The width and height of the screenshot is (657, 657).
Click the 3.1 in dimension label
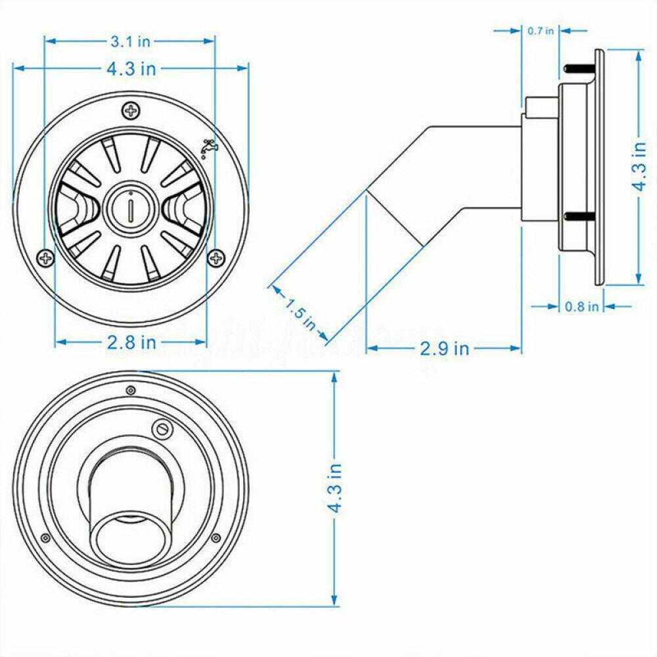pyautogui.click(x=130, y=41)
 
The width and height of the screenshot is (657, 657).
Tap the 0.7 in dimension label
pyautogui.click(x=541, y=30)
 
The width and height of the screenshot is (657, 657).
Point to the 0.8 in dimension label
pyautogui.click(x=581, y=306)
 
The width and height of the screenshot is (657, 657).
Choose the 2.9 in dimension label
pyautogui.click(x=444, y=348)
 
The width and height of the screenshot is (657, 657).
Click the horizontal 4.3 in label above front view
pyautogui.click(x=130, y=68)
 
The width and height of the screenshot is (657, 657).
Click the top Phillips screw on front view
pyautogui.click(x=131, y=110)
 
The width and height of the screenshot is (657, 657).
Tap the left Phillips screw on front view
pyautogui.click(x=45, y=258)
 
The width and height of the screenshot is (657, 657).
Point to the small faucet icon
pyautogui.click(x=209, y=148)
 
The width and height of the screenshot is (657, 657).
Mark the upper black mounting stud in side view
pyautogui.click(x=577, y=67)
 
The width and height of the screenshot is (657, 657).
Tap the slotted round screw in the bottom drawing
pyautogui.click(x=162, y=428)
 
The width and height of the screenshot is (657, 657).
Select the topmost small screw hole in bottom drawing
pyautogui.click(x=130, y=390)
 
